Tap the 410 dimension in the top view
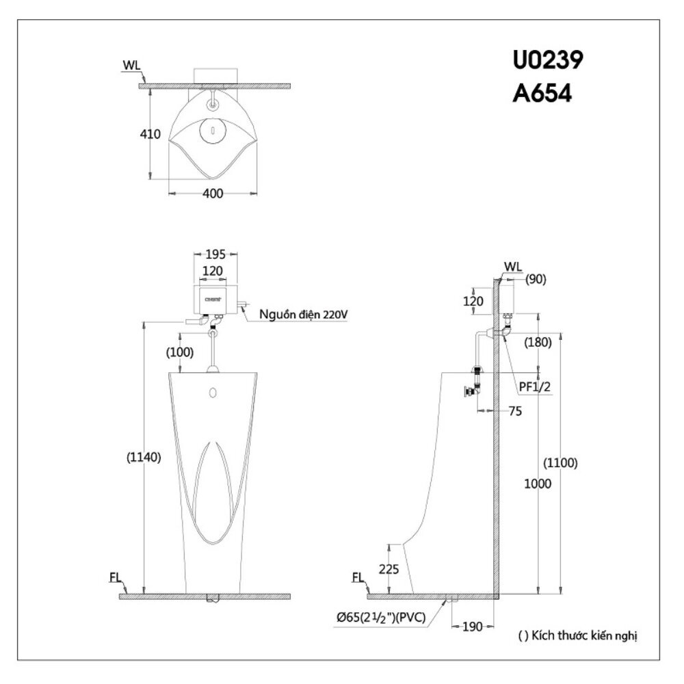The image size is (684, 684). (x=150, y=134)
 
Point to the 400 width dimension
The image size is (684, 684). (x=213, y=194)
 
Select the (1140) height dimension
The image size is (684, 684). (x=144, y=458)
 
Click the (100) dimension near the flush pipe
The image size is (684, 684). (x=179, y=352)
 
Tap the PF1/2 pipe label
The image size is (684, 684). (x=535, y=387)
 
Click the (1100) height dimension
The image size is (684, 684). (x=560, y=463)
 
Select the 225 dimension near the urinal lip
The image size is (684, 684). (x=388, y=569)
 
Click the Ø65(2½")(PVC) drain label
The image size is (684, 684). (x=380, y=618)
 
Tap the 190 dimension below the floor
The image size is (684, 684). (x=473, y=627)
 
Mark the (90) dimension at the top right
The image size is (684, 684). (x=536, y=278)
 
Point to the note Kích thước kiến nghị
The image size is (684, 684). (x=578, y=636)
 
